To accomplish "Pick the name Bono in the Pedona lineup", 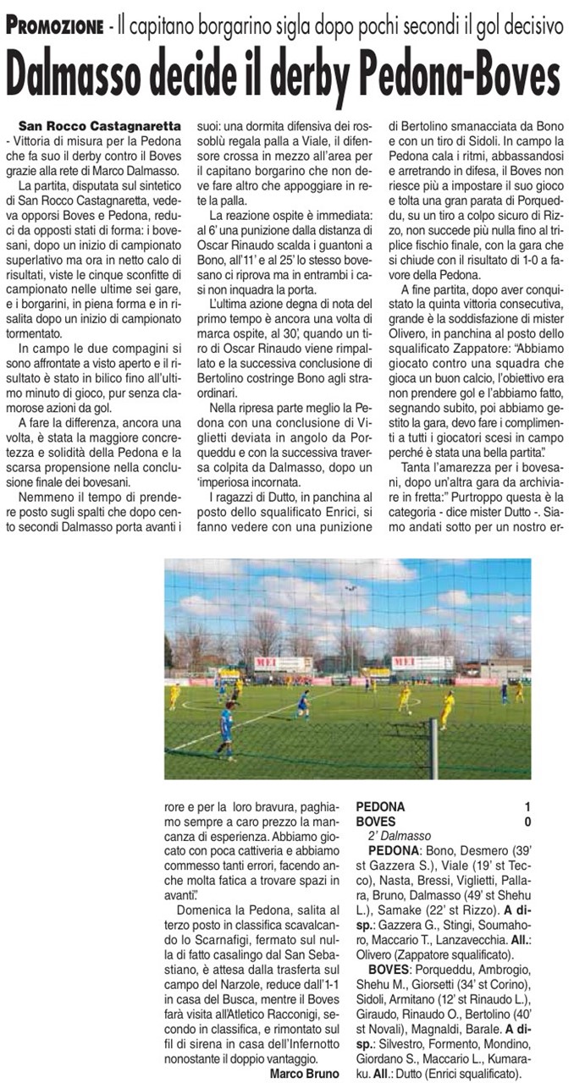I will (x=438, y=850).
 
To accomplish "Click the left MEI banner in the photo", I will (x=283, y=664).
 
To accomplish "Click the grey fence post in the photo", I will (x=433, y=748).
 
